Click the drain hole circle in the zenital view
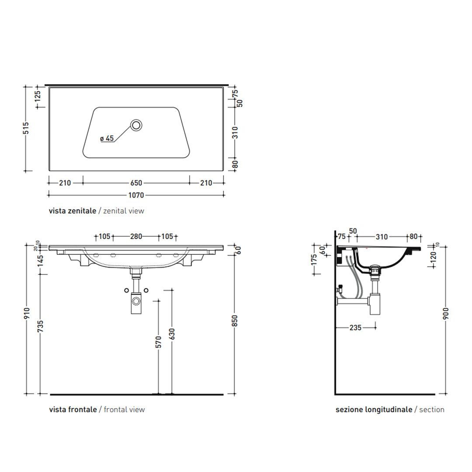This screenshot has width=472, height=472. [136, 125]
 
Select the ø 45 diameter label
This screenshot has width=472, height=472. [107, 138]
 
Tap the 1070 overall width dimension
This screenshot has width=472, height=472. [136, 195]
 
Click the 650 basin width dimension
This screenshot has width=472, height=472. [136, 183]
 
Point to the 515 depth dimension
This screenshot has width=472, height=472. [26, 128]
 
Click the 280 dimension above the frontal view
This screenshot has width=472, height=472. [136, 236]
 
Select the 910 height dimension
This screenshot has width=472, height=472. [27, 314]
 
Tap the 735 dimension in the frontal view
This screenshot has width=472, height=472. [40, 326]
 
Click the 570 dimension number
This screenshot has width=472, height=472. [158, 342]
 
